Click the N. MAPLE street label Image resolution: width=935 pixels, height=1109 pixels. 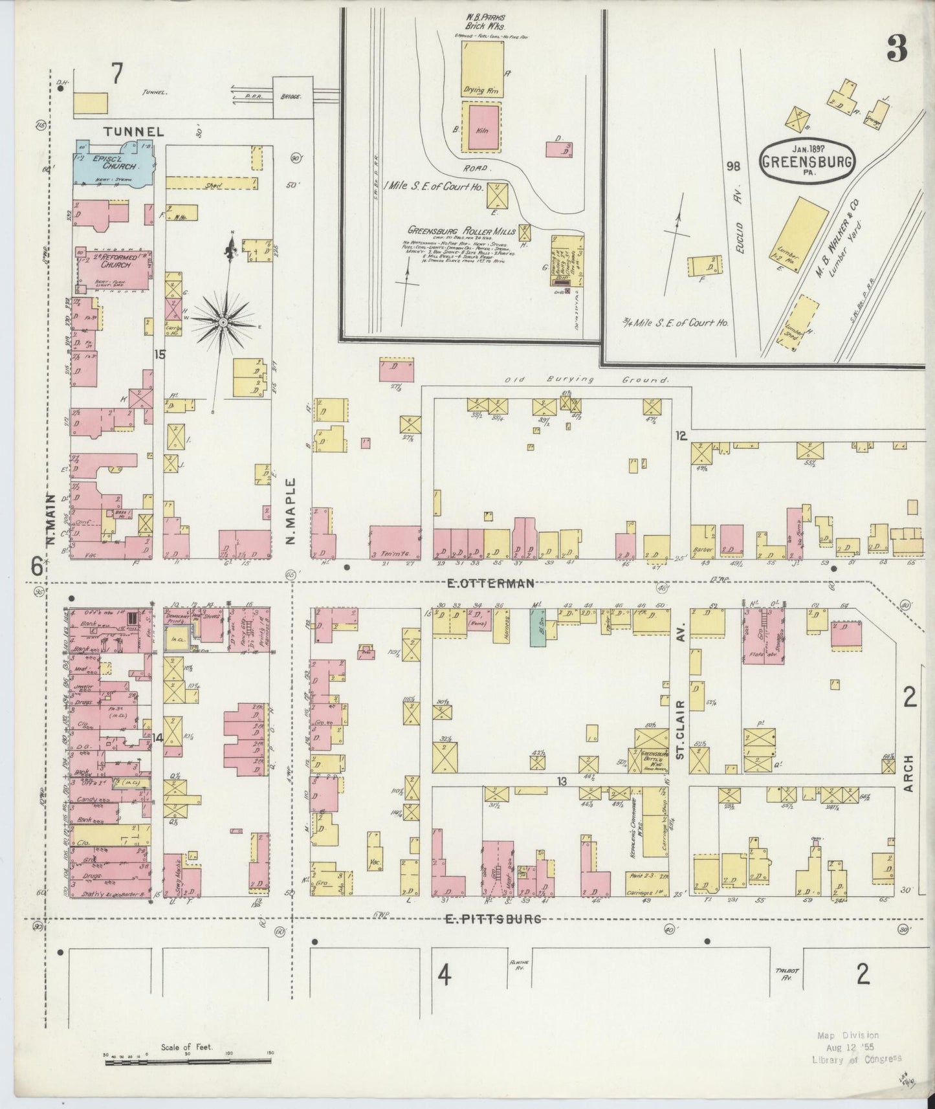291,511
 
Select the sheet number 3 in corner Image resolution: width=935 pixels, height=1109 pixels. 897,48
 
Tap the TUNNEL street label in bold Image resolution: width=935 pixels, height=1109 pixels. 134,131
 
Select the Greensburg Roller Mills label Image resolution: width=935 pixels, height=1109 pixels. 461,231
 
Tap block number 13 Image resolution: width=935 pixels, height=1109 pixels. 562,782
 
